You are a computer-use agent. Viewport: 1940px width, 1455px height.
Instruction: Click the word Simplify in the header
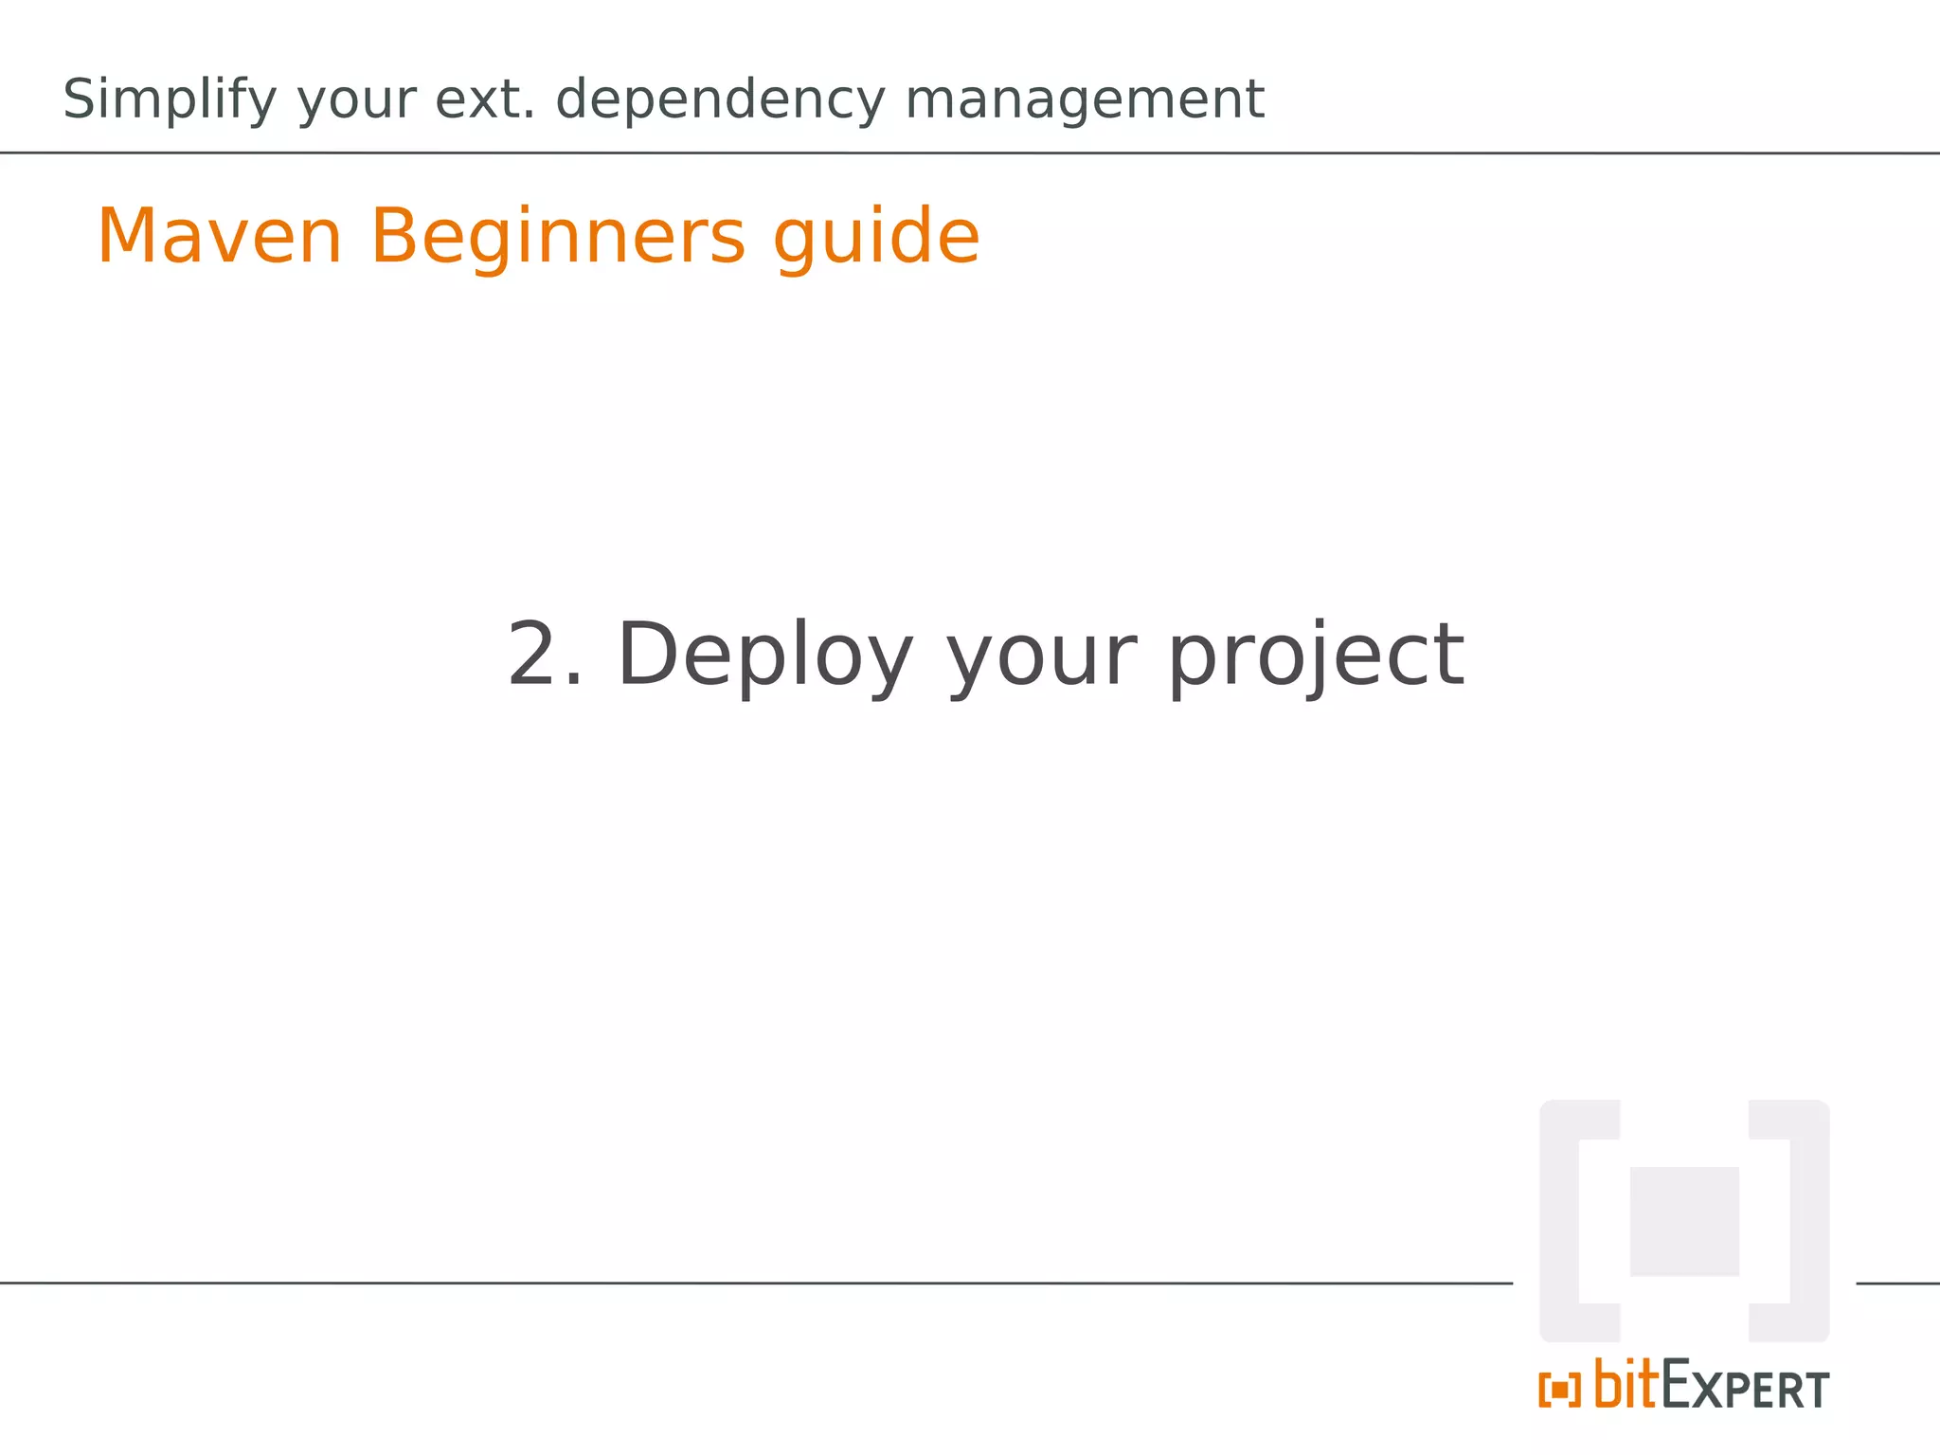(170, 100)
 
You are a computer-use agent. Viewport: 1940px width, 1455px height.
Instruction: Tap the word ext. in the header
(484, 99)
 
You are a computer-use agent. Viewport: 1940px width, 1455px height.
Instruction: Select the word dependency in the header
(720, 100)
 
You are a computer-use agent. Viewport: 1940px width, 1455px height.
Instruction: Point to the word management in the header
(1084, 100)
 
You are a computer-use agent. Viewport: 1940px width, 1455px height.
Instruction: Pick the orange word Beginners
(557, 238)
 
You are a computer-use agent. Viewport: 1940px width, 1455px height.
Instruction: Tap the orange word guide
(876, 238)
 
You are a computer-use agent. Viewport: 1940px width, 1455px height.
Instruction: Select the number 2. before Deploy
(546, 656)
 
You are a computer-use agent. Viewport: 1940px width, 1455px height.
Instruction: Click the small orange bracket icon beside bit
(1559, 1390)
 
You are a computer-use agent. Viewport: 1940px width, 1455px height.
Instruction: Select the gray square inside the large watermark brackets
(1684, 1221)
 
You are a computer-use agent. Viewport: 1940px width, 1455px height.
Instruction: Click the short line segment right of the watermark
(1897, 1284)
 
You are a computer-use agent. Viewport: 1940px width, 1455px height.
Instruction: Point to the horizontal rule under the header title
(970, 153)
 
